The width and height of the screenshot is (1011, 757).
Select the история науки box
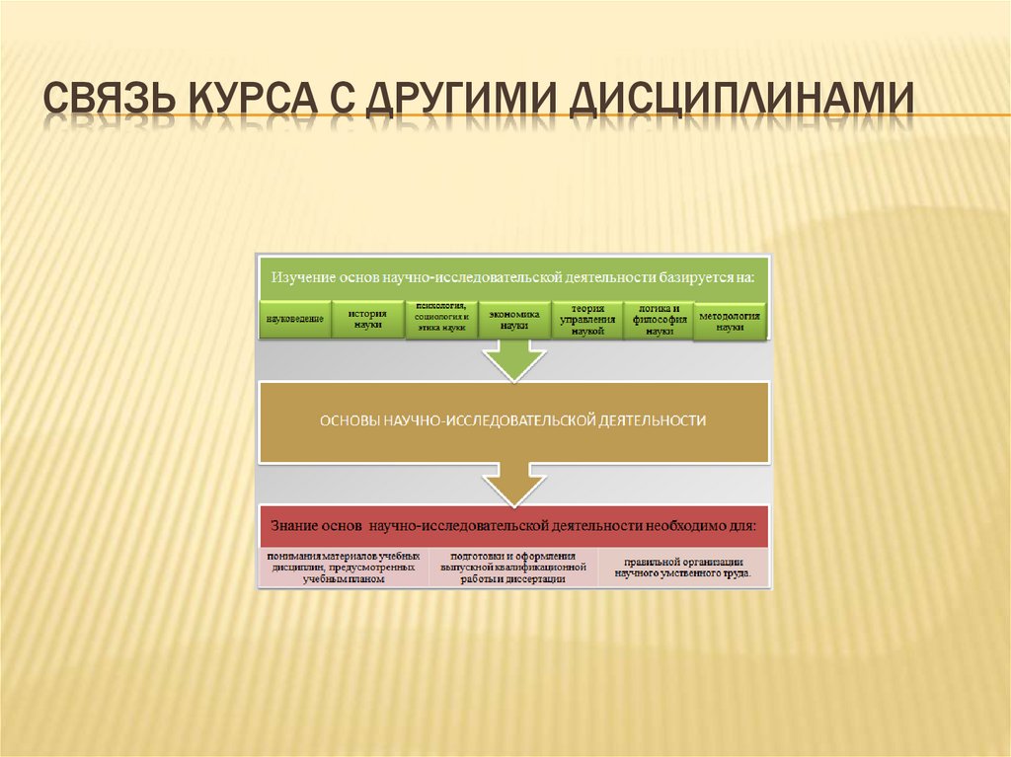point(366,319)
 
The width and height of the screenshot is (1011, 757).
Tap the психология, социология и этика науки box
point(441,318)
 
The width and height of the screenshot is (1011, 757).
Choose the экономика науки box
point(513,319)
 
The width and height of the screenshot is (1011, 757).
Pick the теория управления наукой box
point(586,320)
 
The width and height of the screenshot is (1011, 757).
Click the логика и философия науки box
point(659,320)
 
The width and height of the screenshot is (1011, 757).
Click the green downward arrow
point(513,360)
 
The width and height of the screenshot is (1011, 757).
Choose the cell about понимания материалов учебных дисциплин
point(344,568)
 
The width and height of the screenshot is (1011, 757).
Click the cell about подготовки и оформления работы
point(512,568)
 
